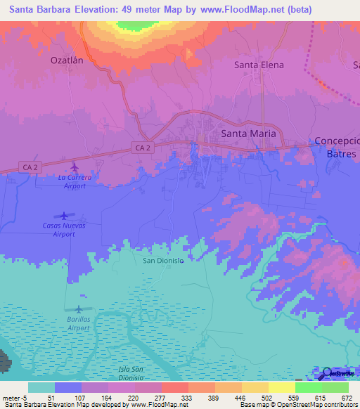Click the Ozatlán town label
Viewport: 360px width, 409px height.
tap(67, 60)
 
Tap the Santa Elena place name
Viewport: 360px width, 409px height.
tap(258, 65)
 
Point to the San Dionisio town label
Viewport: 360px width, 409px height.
tap(163, 261)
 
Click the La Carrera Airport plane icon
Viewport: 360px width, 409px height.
tap(75, 167)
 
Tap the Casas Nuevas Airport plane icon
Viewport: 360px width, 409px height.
tap(64, 216)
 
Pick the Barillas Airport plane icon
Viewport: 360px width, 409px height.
tap(77, 309)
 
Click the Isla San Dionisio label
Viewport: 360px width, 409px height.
tap(131, 373)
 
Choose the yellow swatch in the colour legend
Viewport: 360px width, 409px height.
tap(281, 387)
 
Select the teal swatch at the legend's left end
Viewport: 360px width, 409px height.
tap(41, 387)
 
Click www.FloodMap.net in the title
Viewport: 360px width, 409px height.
tap(247, 11)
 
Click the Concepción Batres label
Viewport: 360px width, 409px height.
tap(337, 147)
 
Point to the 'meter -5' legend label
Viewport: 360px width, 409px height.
tap(13, 398)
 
